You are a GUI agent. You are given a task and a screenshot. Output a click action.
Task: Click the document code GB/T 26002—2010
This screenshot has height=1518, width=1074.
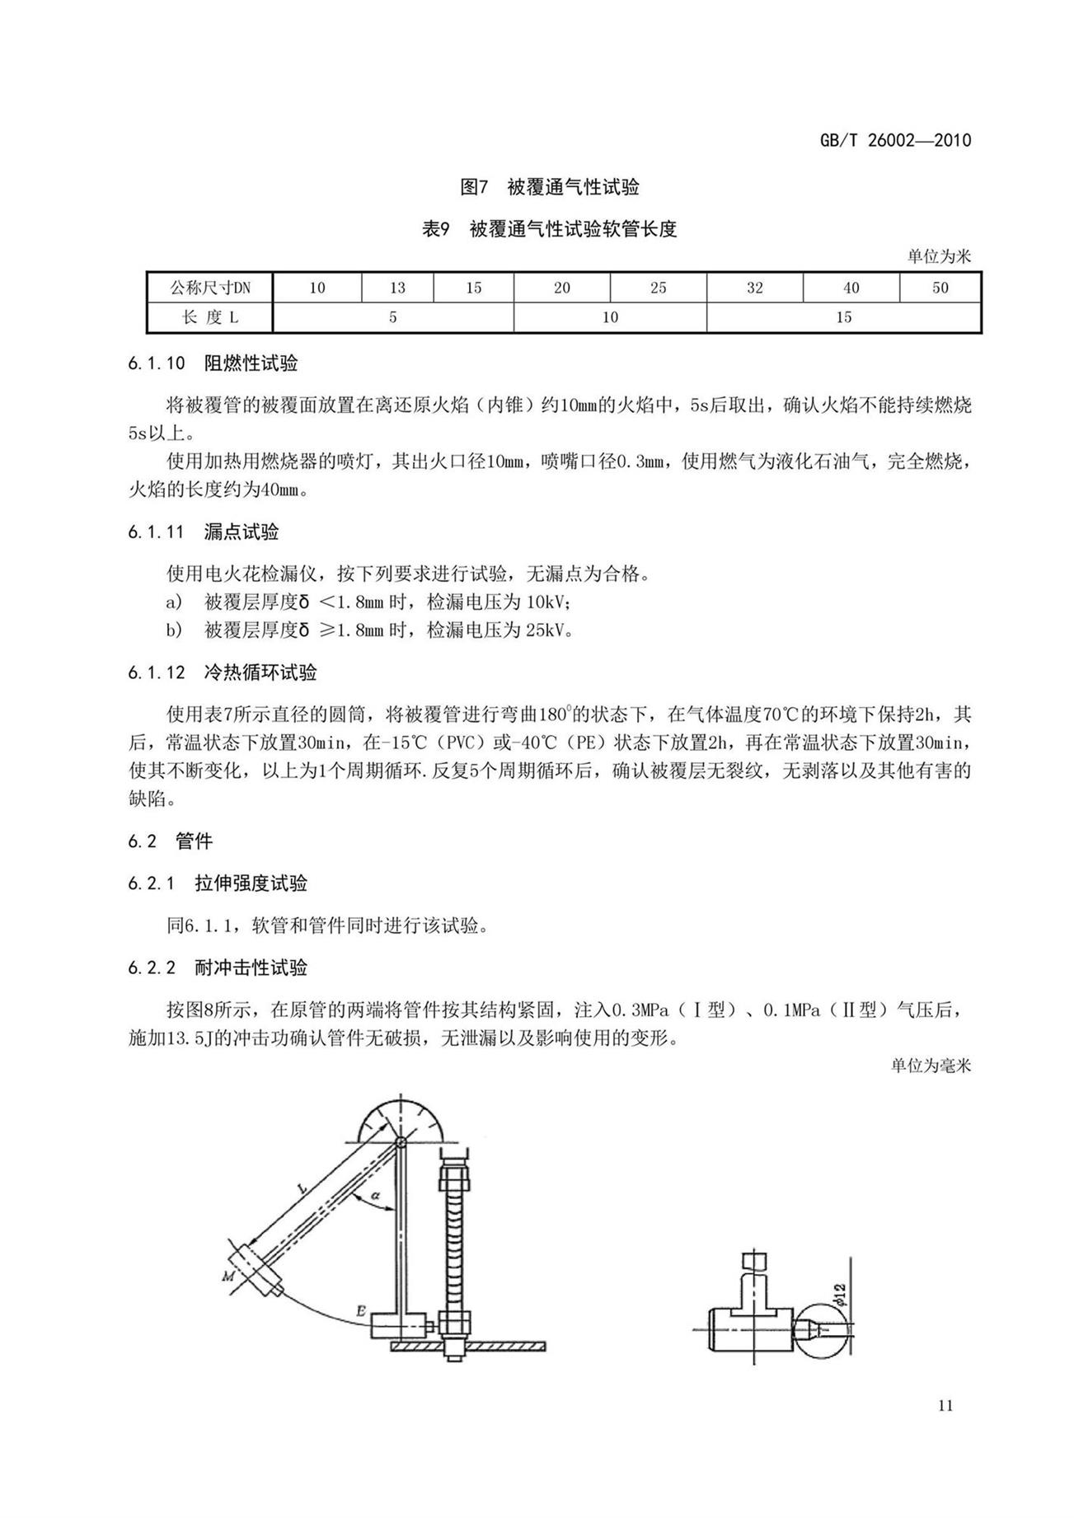pos(895,140)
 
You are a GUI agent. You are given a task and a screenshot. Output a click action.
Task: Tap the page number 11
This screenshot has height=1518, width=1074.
pos(945,1405)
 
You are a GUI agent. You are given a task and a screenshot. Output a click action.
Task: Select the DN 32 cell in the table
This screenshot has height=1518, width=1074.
pos(754,288)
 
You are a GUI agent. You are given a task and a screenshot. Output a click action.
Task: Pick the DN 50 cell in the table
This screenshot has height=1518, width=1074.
pos(940,288)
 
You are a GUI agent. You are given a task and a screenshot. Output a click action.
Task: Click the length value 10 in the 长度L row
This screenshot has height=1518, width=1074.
pos(610,317)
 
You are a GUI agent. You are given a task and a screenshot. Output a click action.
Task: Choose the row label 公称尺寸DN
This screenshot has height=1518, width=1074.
pos(209,288)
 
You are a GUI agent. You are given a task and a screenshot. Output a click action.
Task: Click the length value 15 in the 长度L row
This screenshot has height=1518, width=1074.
pos(843,317)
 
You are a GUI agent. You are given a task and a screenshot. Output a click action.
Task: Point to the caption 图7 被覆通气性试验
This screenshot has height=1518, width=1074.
pos(550,187)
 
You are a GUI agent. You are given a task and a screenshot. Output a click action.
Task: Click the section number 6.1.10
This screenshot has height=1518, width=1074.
pos(157,363)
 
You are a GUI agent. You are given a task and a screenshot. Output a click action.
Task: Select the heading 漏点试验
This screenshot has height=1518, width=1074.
pos(242,532)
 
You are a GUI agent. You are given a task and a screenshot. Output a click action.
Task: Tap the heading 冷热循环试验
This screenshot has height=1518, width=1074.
pos(260,672)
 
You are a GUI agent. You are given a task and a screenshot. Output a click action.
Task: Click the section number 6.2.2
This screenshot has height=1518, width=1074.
pos(152,967)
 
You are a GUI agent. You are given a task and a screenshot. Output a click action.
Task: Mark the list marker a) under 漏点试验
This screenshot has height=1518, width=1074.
pos(174,602)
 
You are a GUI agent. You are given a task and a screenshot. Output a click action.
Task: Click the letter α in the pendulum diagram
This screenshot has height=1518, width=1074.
pos(376,1194)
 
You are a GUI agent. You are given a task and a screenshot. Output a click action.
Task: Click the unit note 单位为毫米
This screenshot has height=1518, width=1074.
pos(931,1066)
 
